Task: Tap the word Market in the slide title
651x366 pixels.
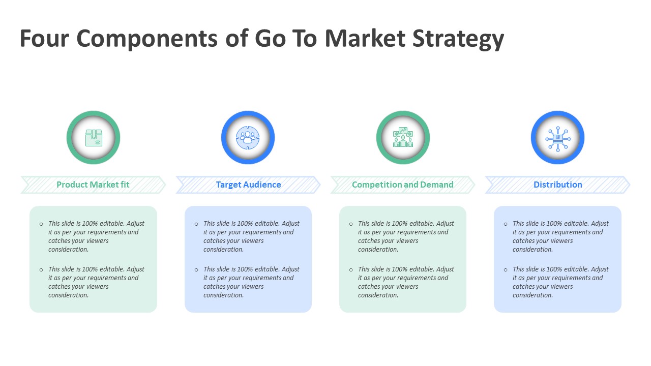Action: click(x=365, y=39)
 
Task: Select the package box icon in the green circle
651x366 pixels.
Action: click(x=94, y=138)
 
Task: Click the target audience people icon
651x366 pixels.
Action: click(x=248, y=138)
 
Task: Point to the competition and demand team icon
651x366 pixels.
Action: click(x=403, y=138)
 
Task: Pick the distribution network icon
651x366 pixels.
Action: click(x=558, y=138)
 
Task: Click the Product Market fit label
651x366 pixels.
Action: click(x=93, y=185)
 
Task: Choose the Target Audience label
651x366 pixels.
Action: click(x=248, y=185)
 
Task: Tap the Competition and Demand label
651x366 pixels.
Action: click(x=403, y=185)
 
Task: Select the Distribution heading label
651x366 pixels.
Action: click(x=558, y=185)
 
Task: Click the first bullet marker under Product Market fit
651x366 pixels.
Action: click(x=42, y=224)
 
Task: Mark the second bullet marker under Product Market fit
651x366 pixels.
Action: click(x=42, y=270)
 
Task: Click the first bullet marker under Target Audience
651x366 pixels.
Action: click(x=196, y=224)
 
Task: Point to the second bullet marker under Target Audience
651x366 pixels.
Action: click(x=196, y=270)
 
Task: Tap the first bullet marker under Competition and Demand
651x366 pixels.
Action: click(x=351, y=224)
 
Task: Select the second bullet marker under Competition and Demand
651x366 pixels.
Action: click(x=351, y=270)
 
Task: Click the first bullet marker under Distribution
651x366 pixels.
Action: click(x=506, y=224)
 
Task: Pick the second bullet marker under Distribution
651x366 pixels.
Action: click(x=506, y=270)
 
